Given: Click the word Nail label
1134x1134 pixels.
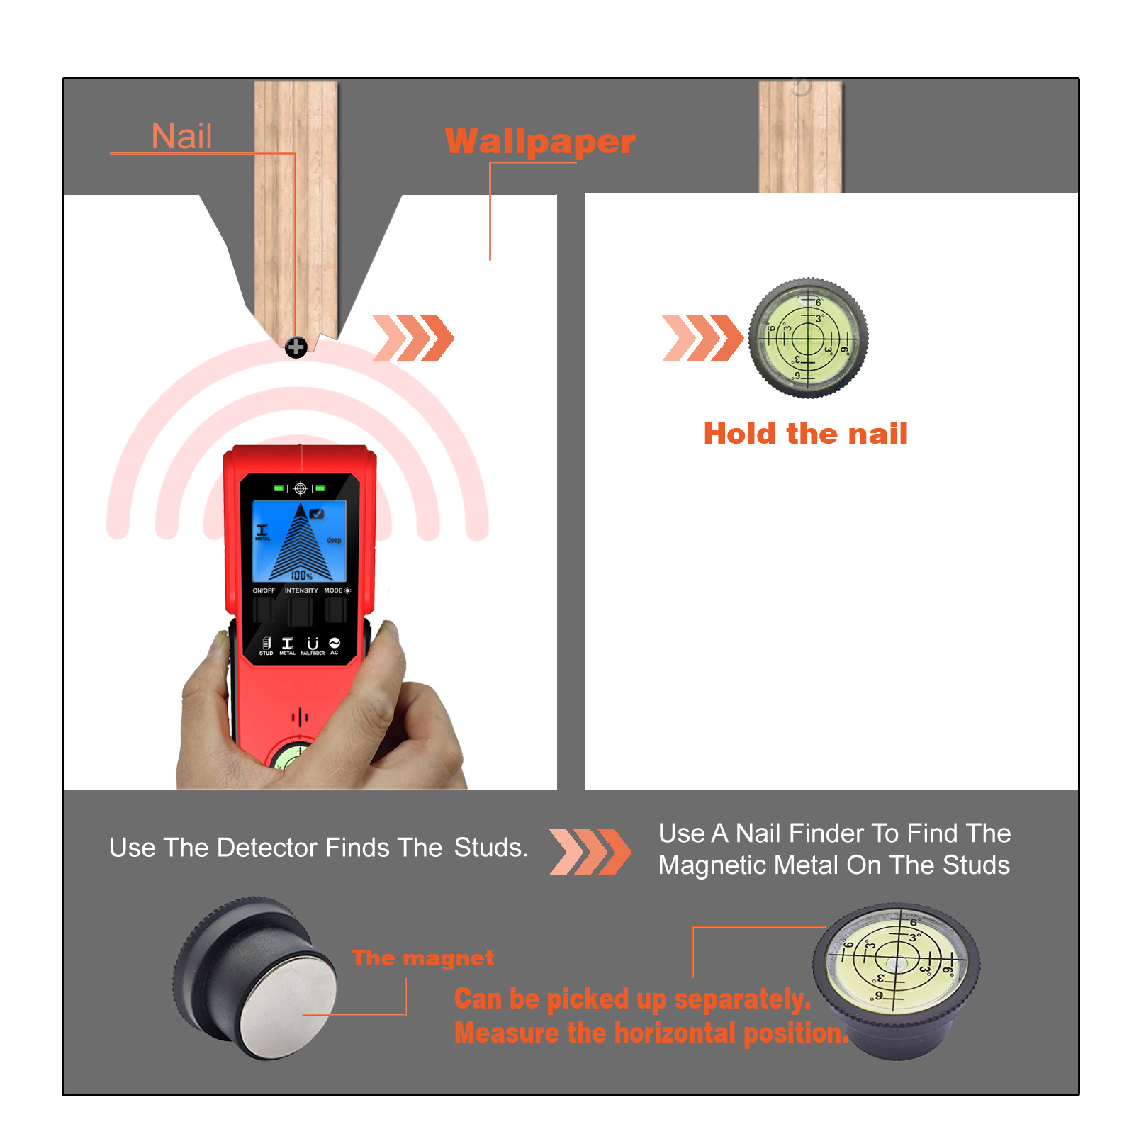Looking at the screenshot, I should coord(181,136).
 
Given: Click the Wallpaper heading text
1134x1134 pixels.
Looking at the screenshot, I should coord(539,142).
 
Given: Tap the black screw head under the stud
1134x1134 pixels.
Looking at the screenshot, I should coord(296,347).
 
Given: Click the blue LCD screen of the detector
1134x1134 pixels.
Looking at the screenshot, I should coord(299,541).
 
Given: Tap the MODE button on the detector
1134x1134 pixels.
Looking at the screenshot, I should coord(335,610).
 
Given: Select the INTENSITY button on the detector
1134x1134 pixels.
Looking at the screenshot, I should coord(300,611).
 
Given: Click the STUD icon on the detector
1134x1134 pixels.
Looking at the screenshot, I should coord(266,644).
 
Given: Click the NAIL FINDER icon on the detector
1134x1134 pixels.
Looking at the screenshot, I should coord(313,644).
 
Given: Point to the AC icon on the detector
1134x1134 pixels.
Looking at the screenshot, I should coord(335,644).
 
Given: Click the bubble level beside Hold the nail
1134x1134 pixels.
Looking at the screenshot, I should coord(808,337).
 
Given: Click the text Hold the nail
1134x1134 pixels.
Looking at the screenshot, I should coord(805,434).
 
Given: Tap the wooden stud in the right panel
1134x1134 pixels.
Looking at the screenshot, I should coord(800,136).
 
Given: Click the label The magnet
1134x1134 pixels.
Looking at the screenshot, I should coord(422,958).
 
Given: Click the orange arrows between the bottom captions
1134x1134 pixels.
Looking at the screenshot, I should coord(589,851).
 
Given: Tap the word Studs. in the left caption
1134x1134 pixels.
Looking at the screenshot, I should coord(490,848).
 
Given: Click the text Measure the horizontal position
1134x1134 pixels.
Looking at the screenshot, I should coord(651,1033).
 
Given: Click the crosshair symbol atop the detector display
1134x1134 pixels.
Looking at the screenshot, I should coord(300,488).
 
